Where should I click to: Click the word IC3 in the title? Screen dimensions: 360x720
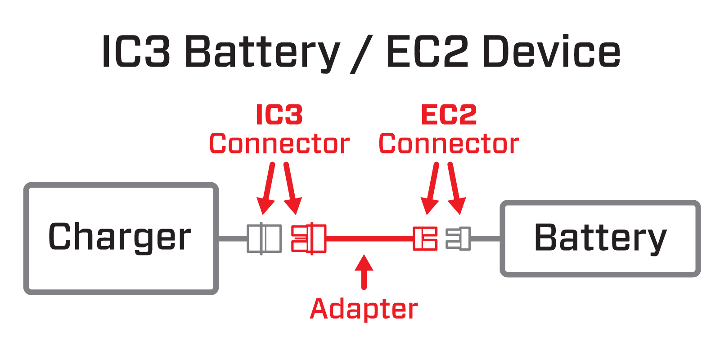click(136, 52)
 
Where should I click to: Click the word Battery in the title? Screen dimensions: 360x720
click(262, 52)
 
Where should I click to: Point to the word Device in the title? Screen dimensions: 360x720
click(551, 52)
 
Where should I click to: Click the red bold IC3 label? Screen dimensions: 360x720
click(279, 115)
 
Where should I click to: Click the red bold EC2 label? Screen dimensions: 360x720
click(449, 115)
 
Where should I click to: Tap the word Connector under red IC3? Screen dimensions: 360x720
click(279, 144)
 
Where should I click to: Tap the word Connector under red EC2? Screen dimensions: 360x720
click(449, 144)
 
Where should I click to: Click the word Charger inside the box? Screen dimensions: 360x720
click(120, 237)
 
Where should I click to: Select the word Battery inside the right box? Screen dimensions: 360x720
click(600, 238)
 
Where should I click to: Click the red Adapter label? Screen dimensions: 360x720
click(364, 309)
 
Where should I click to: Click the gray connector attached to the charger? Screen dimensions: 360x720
click(264, 238)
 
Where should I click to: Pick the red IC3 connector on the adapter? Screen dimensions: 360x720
click(309, 238)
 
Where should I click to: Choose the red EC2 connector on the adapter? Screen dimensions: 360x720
click(425, 238)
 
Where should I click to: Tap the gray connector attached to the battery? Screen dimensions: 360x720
click(458, 238)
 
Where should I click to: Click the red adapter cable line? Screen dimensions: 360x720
click(369, 238)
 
